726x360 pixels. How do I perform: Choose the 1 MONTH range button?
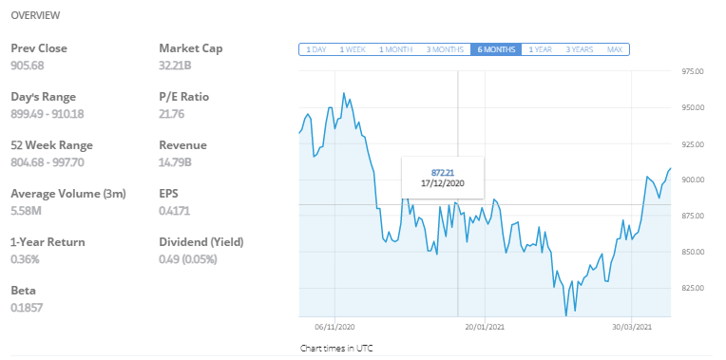click(395, 49)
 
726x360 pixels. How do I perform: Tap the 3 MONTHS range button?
click(445, 49)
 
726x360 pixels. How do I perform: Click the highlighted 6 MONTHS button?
click(495, 49)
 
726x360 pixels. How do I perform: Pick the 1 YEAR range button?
click(541, 49)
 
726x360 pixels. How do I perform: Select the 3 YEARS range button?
click(581, 49)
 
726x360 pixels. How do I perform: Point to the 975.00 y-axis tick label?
click(692, 71)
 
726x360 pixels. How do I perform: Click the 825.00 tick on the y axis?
click(692, 288)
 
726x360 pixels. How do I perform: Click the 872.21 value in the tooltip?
click(444, 171)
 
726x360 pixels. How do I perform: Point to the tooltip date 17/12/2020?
click(444, 182)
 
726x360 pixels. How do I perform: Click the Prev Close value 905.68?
click(28, 66)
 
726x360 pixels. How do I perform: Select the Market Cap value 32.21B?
click(175, 66)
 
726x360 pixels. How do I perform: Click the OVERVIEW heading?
click(35, 16)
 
